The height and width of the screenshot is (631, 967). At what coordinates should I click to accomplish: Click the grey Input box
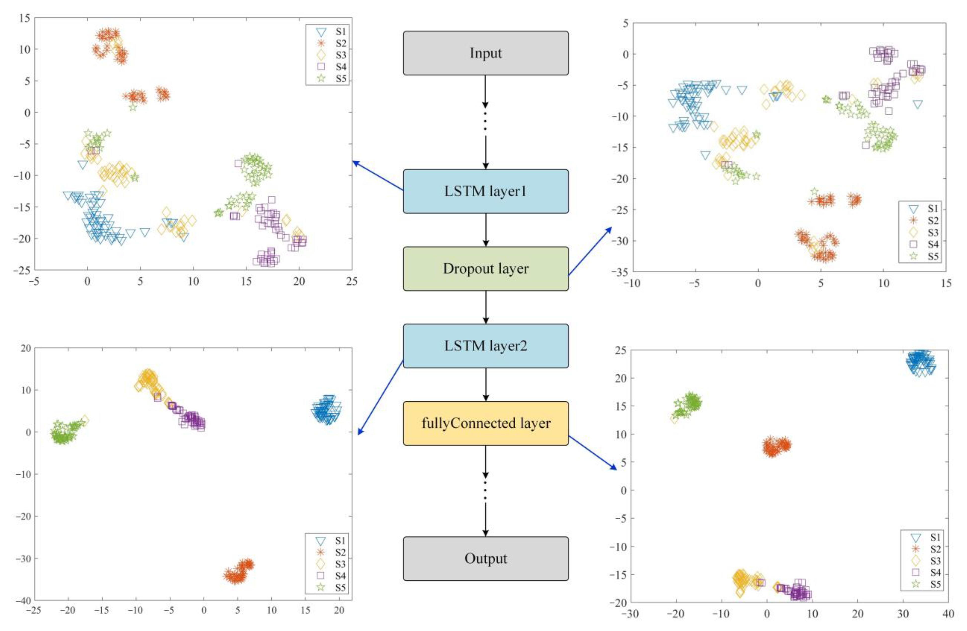tap(485, 53)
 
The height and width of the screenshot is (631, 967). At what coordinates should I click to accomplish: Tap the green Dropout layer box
tap(485, 269)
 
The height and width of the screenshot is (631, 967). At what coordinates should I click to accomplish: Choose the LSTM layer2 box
tap(485, 346)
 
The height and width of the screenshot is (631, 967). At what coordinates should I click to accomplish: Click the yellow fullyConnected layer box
tap(485, 423)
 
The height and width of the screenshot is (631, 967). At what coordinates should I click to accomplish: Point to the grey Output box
tap(485, 559)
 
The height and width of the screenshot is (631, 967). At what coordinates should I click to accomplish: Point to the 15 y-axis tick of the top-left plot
tap(24, 18)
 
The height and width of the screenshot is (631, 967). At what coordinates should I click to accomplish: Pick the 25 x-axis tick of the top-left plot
tap(352, 281)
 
